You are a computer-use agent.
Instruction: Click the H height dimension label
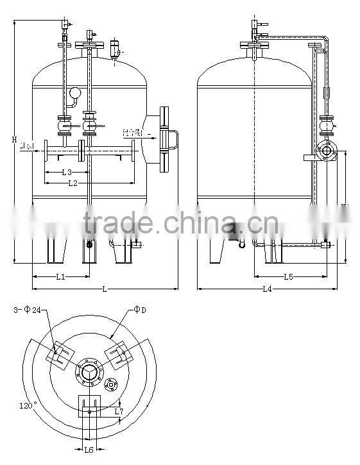click(x=13, y=139)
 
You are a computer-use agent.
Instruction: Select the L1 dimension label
click(x=60, y=277)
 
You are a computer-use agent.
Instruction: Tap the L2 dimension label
click(x=73, y=183)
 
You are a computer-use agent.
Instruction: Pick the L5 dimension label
click(x=288, y=277)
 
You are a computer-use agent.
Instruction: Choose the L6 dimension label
click(x=89, y=450)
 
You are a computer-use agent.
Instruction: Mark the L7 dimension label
click(x=119, y=411)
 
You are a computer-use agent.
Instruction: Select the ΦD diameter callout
click(x=140, y=310)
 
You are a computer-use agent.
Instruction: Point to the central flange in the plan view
click(x=89, y=372)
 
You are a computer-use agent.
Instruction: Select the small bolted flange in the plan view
click(x=112, y=385)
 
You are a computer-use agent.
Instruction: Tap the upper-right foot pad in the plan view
click(x=118, y=354)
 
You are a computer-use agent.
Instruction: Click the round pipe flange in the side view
click(x=327, y=153)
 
